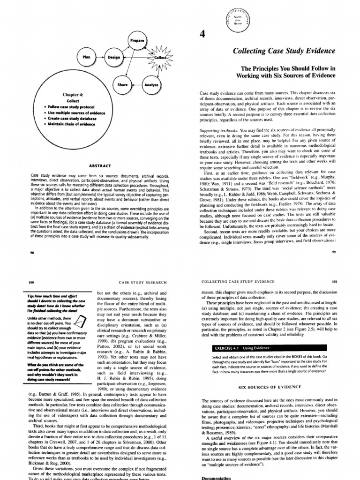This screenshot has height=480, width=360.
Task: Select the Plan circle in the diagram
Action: tap(86, 57)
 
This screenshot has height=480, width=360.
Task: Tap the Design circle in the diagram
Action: tap(114, 57)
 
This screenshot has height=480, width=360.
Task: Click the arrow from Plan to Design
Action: tap(100, 57)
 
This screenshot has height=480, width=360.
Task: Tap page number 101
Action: tap(334, 282)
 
